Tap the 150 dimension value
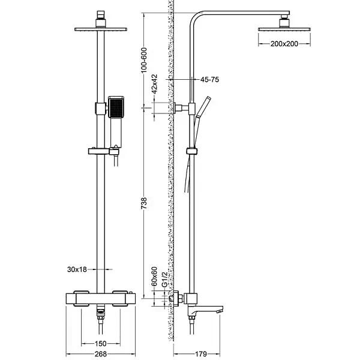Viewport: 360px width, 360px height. [100, 344]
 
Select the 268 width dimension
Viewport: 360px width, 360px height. [100, 354]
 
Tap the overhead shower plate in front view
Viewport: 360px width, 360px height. [100, 29]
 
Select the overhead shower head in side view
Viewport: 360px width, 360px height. [281, 26]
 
